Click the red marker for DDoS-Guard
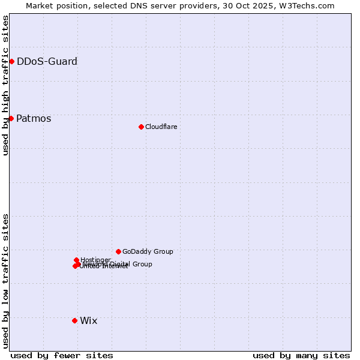click(11, 61)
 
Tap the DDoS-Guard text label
click(47, 61)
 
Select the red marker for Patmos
click(11, 118)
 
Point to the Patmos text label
click(34, 118)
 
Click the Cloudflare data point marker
click(141, 127)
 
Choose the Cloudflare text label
click(161, 127)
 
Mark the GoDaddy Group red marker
click(118, 251)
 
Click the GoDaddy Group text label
click(147, 251)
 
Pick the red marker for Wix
click(74, 320)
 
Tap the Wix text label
click(88, 320)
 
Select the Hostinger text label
click(95, 260)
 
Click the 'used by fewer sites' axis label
click(62, 355)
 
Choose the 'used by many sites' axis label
click(301, 355)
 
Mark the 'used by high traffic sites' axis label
click(5, 85)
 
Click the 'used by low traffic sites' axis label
click(5, 281)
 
